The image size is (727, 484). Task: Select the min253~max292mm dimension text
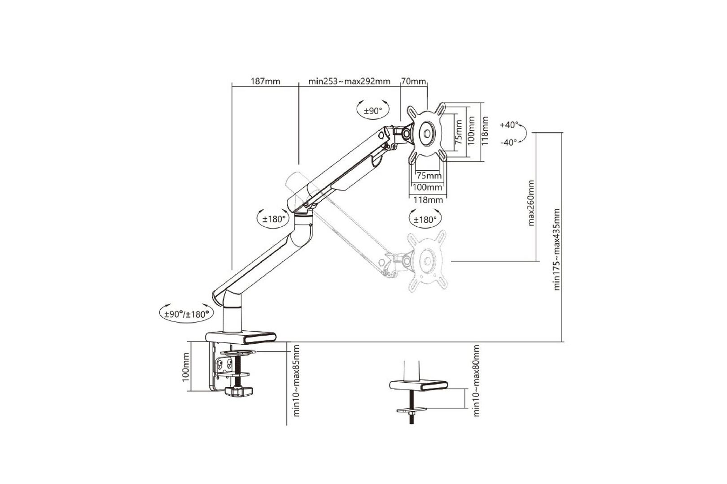coord(349,81)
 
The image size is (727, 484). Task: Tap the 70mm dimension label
coord(413,81)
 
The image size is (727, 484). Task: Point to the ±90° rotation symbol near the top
coord(372,111)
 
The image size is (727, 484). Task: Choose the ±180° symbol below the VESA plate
coord(425,220)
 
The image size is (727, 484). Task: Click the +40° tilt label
coord(509,125)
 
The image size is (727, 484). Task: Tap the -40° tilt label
coord(509,142)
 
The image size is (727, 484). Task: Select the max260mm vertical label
coord(531,203)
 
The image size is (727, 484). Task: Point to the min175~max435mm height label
coord(557,249)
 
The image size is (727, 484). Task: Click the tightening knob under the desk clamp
coord(238,393)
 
